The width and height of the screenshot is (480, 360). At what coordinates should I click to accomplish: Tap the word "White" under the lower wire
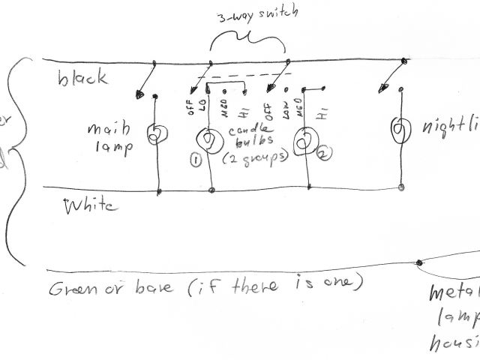91,205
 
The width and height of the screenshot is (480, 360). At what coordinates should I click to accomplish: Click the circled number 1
196,160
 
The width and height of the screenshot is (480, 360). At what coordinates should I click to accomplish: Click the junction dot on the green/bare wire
418,262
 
